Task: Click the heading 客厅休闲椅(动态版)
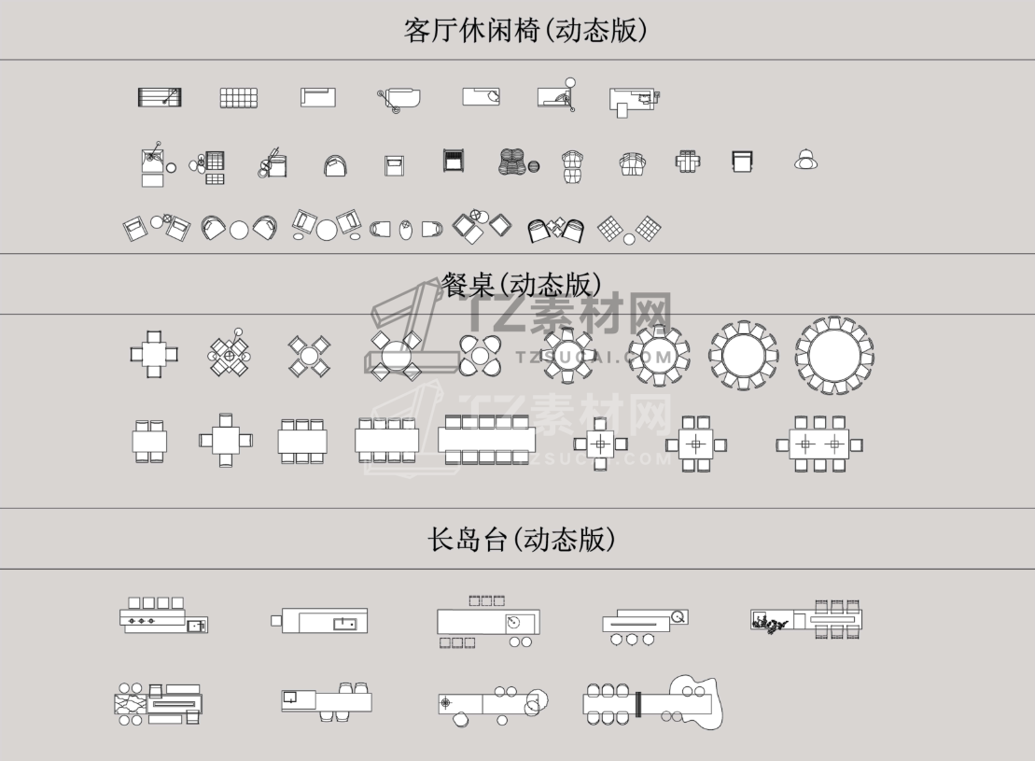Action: pyautogui.click(x=525, y=31)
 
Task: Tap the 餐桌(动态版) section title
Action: pyautogui.click(x=522, y=286)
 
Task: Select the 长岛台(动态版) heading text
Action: pyautogui.click(x=522, y=539)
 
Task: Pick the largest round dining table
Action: pyautogui.click(x=834, y=356)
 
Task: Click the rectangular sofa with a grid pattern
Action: pyautogui.click(x=238, y=98)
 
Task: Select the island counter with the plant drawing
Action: pyautogui.click(x=806, y=620)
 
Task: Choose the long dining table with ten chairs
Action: pyautogui.click(x=486, y=439)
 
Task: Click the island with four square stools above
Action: pyautogui.click(x=163, y=615)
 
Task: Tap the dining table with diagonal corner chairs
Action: pyautogui.click(x=309, y=356)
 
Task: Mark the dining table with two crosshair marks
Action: pyautogui.click(x=819, y=444)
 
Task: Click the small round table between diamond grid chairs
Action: pyautogui.click(x=629, y=239)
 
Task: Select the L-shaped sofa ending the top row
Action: pyautogui.click(x=635, y=102)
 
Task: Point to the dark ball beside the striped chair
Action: pyautogui.click(x=533, y=166)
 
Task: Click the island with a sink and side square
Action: pyautogui.click(x=319, y=621)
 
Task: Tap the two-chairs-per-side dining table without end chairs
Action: pyautogui.click(x=150, y=441)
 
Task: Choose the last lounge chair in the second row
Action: pyautogui.click(x=806, y=160)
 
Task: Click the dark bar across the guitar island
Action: pyautogui.click(x=638, y=704)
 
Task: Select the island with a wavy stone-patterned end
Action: pyautogui.click(x=159, y=704)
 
